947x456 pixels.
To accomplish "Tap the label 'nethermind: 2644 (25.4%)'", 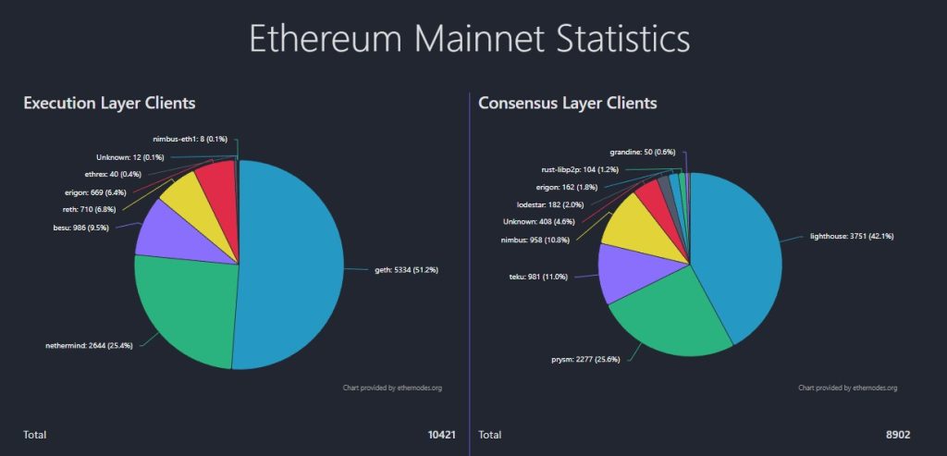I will click(x=88, y=344).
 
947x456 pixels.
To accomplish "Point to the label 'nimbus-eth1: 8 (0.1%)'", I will click(x=192, y=139).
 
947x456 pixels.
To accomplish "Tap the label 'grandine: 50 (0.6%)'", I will click(x=643, y=151).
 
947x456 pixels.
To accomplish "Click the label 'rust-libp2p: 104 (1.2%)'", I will click(x=580, y=170).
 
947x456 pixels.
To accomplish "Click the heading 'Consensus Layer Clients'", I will click(x=567, y=103).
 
